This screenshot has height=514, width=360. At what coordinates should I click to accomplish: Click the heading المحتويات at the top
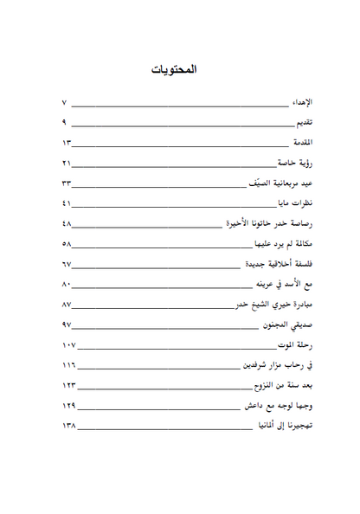click(180, 69)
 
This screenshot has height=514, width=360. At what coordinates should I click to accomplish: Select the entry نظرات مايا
click(294, 203)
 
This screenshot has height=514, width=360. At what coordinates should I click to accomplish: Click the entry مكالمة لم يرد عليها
click(284, 244)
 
